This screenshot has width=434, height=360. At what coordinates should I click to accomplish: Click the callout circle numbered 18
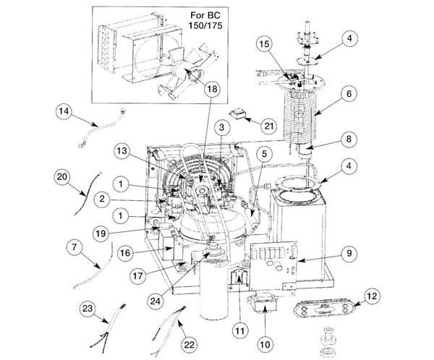(x=210, y=89)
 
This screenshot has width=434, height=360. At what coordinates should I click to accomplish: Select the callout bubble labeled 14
(x=64, y=111)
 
